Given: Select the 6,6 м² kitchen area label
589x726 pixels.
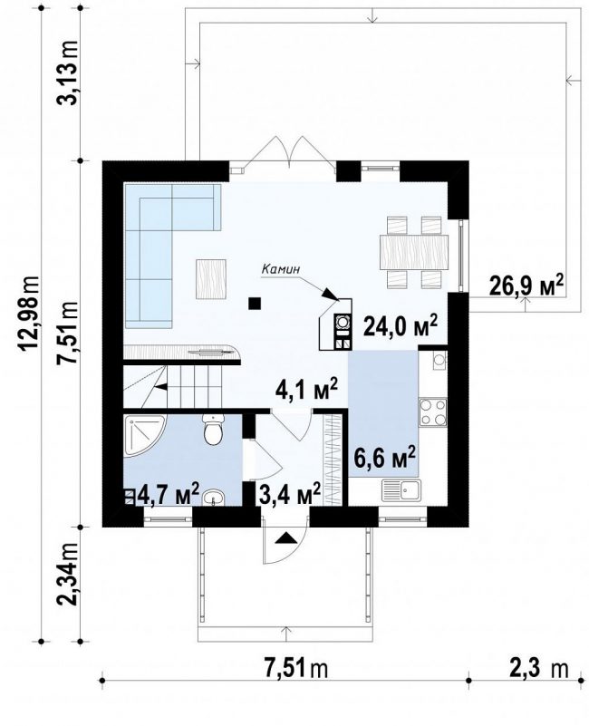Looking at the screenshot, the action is (x=384, y=457).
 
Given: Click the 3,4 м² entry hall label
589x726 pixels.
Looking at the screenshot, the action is (x=290, y=494).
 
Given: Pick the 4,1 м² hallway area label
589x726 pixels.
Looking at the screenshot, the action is (x=306, y=390).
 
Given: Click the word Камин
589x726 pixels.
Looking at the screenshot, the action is (x=281, y=268).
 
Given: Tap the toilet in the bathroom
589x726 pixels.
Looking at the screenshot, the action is (x=213, y=431).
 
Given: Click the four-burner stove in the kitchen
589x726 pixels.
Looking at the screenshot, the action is (x=432, y=412).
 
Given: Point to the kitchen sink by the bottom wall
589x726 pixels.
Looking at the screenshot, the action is (x=401, y=490).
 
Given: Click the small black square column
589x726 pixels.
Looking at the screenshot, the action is (x=255, y=304).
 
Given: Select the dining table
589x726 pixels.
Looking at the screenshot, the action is (x=414, y=252).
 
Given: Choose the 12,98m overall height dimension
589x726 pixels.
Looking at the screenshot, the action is (x=31, y=315).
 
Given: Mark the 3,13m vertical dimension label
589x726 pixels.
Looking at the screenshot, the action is (x=68, y=73).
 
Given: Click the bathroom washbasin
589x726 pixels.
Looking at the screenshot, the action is (x=213, y=498).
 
